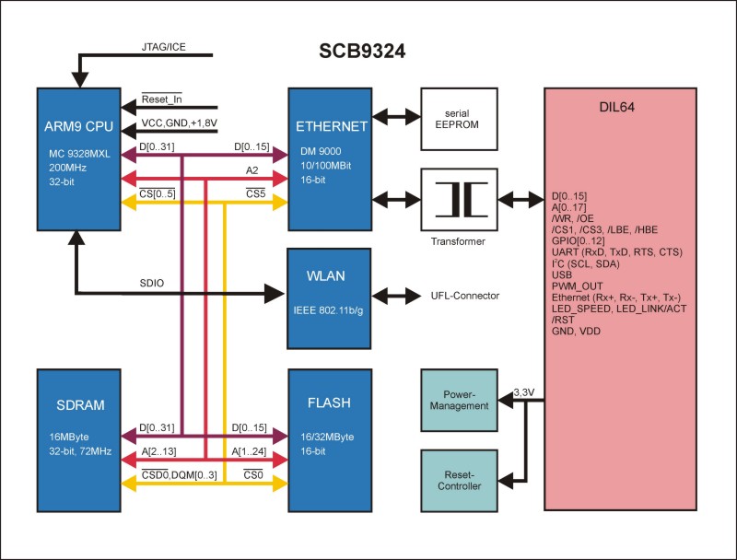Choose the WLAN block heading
[328, 275]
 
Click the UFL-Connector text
[464, 296]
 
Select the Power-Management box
[458, 400]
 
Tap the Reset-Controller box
[458, 480]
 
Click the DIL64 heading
[614, 108]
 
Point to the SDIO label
[153, 283]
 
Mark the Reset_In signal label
[160, 99]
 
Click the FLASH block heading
[328, 403]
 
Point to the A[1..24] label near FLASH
[252, 451]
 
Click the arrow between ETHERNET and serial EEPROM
[394, 119]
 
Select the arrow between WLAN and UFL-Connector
[394, 296]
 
